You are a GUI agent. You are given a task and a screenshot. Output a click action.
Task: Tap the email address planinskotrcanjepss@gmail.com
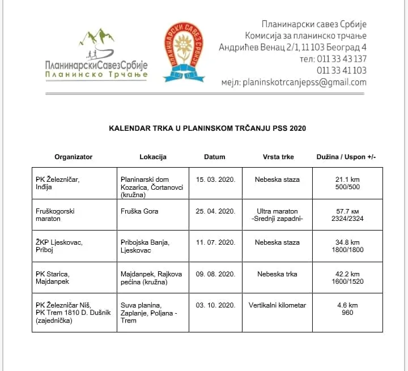click(x=303, y=82)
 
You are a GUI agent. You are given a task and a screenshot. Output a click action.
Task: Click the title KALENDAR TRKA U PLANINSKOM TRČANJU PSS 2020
click(x=207, y=129)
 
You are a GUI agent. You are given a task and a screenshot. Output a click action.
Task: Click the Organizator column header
click(x=73, y=157)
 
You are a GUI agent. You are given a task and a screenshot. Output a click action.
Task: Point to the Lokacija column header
click(x=153, y=157)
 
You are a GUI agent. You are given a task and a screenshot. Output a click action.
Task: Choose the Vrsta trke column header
click(x=278, y=157)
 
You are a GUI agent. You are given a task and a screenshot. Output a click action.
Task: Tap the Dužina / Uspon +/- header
click(x=346, y=157)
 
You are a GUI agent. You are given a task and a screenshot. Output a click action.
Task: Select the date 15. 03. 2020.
click(x=215, y=180)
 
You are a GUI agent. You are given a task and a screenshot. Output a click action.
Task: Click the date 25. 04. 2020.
click(x=215, y=211)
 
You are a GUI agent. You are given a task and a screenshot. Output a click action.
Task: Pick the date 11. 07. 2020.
click(x=215, y=242)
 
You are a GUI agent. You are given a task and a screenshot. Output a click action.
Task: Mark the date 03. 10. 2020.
click(x=215, y=305)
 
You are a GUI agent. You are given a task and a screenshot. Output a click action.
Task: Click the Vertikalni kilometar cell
click(x=278, y=305)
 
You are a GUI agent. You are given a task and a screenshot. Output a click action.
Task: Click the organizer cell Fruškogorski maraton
click(x=55, y=215)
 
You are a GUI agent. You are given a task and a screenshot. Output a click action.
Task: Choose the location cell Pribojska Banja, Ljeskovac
click(x=145, y=246)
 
